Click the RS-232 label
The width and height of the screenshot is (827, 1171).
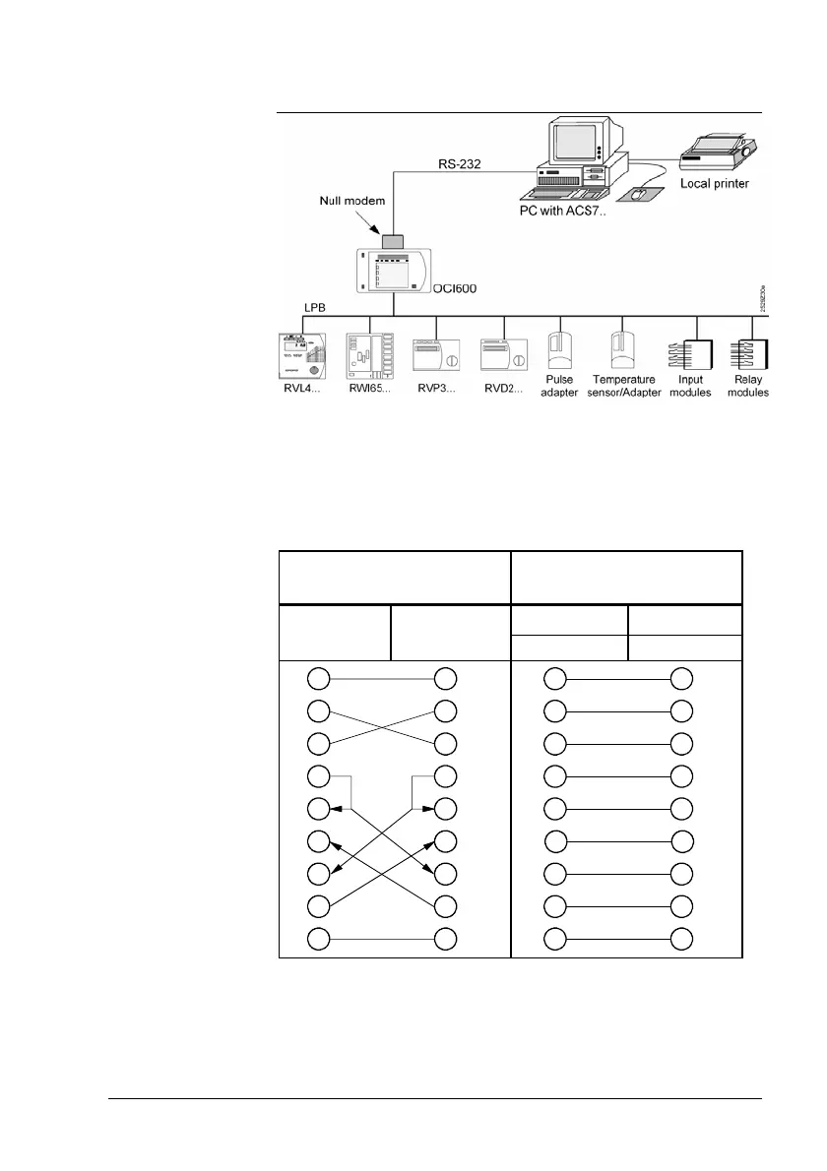(459, 163)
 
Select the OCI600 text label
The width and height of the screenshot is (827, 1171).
(461, 289)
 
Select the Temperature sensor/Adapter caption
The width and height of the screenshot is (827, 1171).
(624, 386)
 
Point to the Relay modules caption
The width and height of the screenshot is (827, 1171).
(751, 386)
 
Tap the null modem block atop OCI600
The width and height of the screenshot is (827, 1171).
(394, 241)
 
